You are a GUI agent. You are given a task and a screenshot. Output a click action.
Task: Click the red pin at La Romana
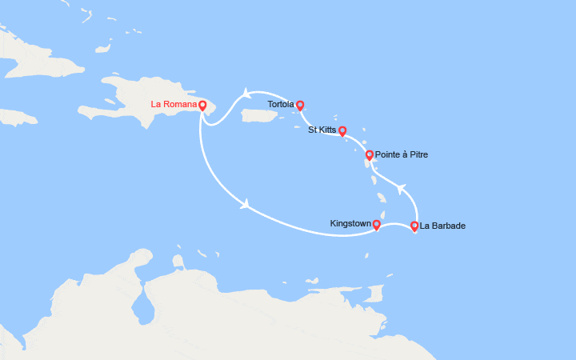coord(202,105)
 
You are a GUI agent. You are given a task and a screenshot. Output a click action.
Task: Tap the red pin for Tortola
coord(300,105)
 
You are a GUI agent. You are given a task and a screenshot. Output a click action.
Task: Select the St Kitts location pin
coord(342,130)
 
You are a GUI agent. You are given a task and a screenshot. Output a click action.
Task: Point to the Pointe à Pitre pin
coord(369,154)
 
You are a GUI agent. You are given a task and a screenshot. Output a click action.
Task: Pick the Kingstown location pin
coord(376,225)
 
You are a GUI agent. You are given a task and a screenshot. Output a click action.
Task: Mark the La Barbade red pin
coord(414,226)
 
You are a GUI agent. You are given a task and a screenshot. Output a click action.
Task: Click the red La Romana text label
coord(174,105)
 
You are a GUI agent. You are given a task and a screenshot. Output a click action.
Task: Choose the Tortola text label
coord(281,105)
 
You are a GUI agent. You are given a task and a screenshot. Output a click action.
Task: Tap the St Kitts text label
coord(322,130)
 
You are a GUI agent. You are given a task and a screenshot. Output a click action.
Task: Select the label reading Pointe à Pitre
coord(402,154)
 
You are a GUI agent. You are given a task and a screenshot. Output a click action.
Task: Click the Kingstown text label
coord(350,223)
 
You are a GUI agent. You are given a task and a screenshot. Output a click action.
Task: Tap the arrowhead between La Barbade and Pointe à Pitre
coord(402,190)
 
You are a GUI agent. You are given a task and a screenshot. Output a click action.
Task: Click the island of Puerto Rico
coord(258,116)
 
